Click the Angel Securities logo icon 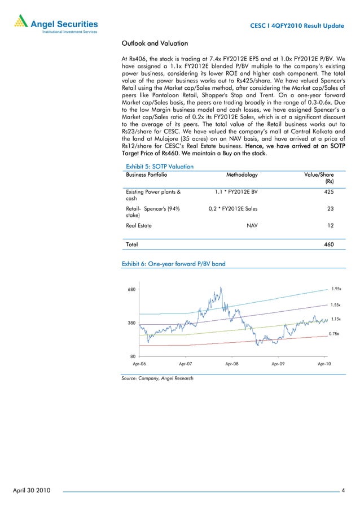(20, 23)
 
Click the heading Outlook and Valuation (155, 43)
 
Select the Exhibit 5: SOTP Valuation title (160, 167)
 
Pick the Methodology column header (242, 176)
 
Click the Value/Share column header (319, 176)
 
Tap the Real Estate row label (139, 225)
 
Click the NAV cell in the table (252, 225)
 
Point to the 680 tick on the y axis (131, 290)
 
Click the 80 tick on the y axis (133, 356)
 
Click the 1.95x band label (336, 289)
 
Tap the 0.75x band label (334, 334)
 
